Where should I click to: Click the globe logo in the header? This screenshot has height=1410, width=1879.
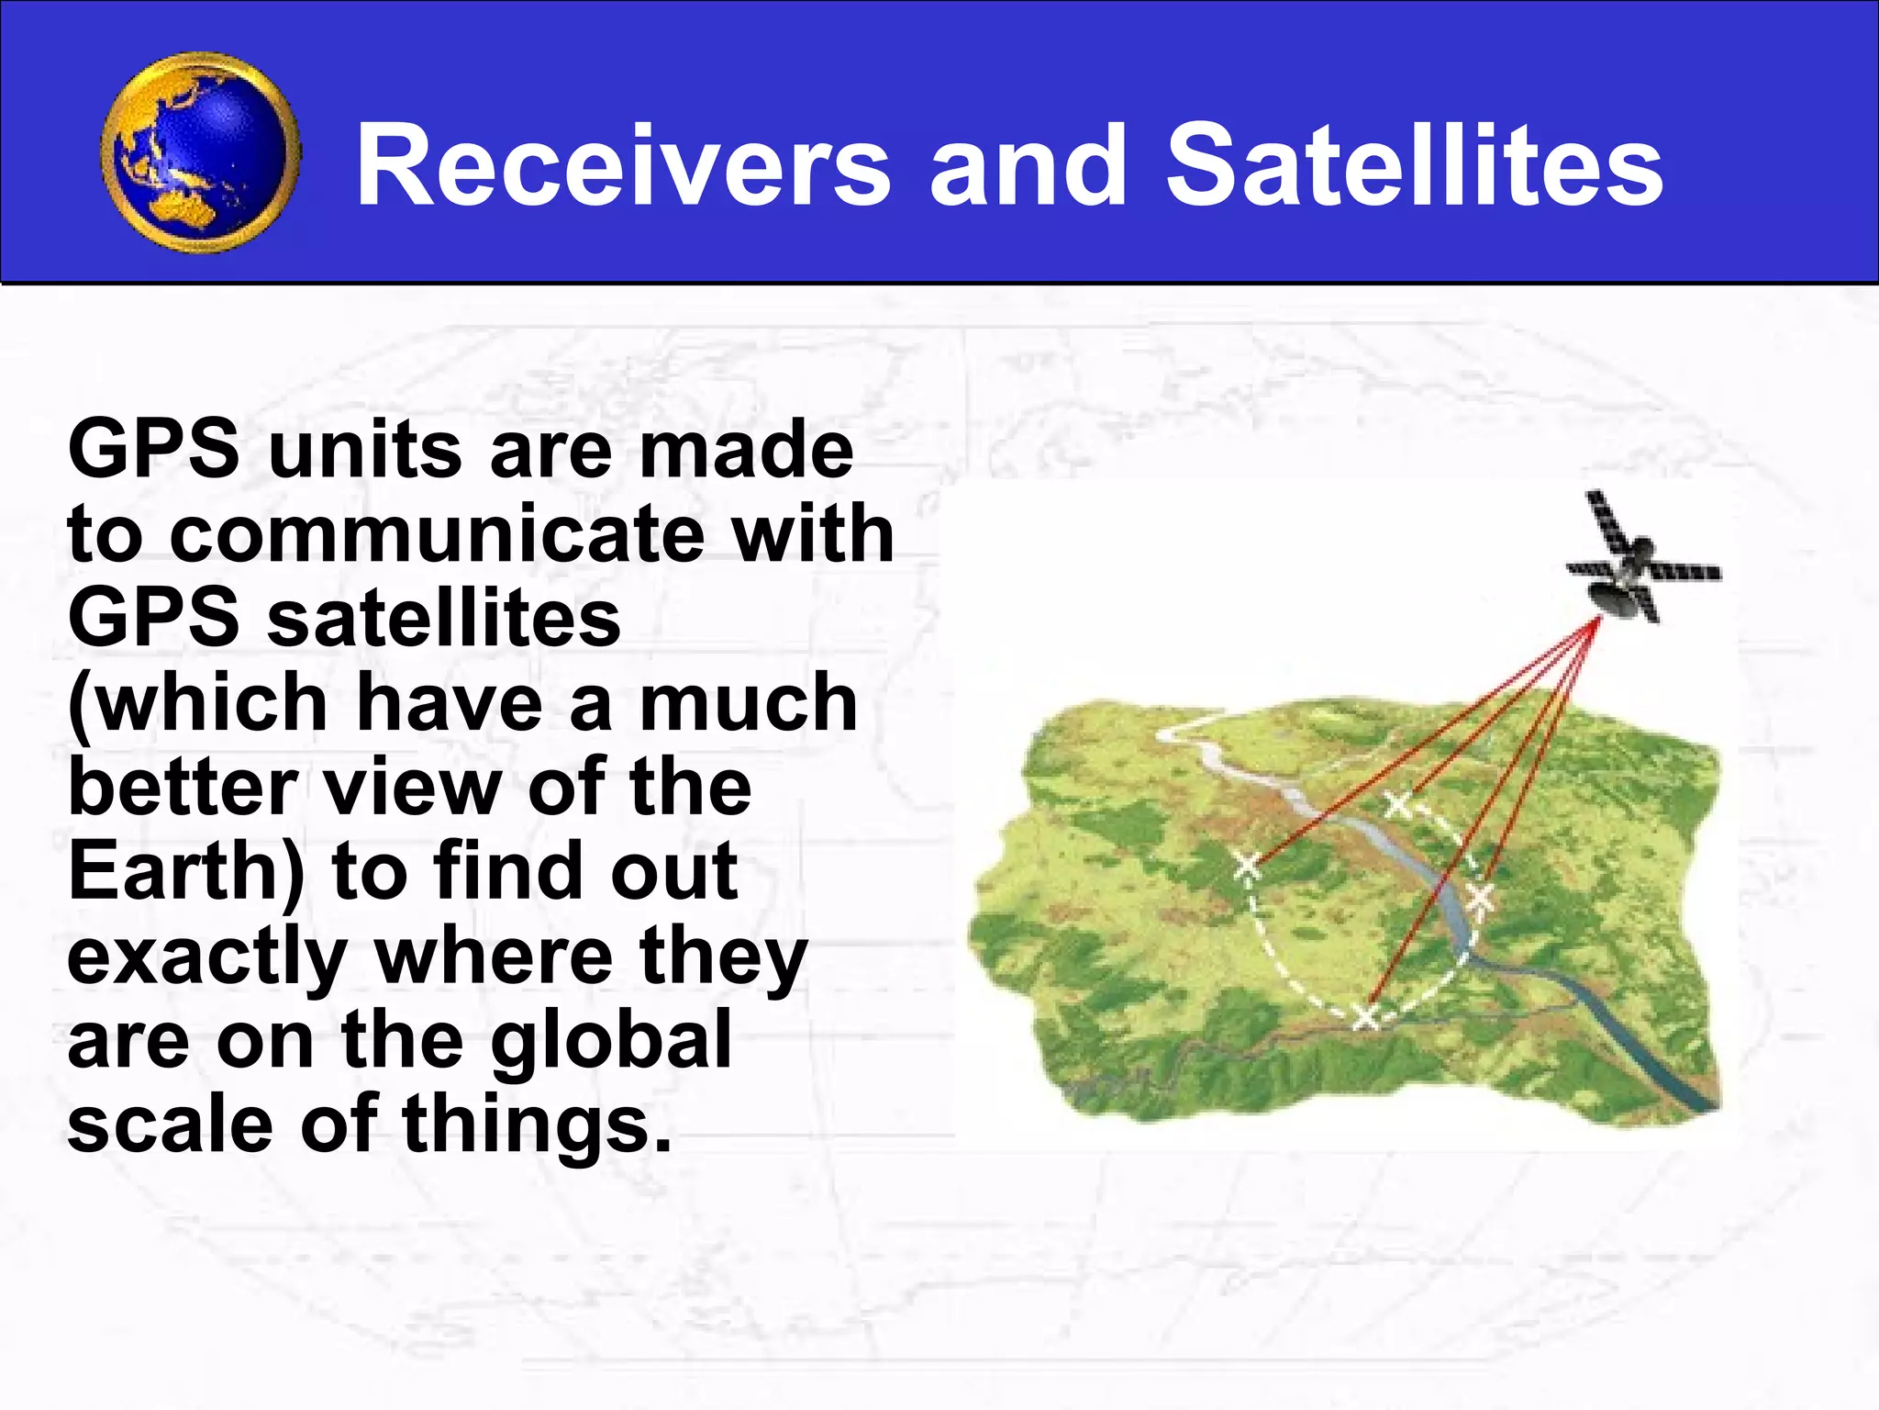201,153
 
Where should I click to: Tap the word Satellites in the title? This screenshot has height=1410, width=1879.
1413,166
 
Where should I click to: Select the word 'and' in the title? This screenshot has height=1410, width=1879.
1028,166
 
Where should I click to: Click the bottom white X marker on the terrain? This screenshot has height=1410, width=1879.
1366,1016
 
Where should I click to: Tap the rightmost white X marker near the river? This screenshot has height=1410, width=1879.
1480,897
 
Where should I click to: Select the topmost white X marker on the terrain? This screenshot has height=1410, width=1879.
1399,805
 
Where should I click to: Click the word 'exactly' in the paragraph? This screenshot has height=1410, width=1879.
207,957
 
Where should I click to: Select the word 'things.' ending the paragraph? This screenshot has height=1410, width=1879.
538,1125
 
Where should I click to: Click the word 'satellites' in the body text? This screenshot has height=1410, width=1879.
444,618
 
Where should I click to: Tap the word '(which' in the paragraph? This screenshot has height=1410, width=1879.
198,703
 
